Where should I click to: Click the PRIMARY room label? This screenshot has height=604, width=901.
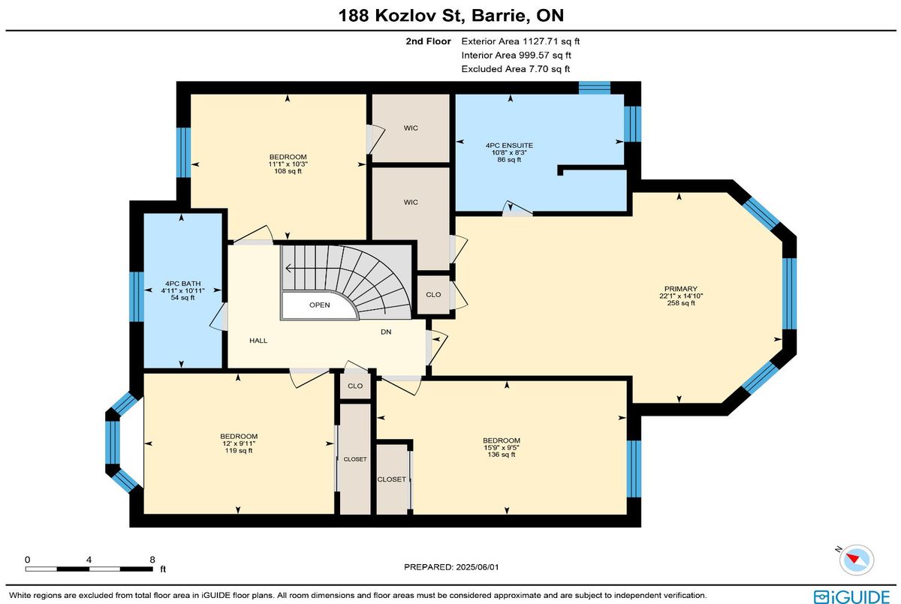click(680, 289)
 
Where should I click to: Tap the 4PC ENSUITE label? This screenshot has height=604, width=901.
click(509, 146)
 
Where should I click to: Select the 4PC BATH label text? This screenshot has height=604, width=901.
click(182, 284)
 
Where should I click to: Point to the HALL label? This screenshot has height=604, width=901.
click(258, 341)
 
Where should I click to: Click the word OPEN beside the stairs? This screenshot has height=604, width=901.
click(319, 305)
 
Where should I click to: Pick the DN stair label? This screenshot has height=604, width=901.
click(386, 332)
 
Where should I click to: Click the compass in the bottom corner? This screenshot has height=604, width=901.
click(857, 560)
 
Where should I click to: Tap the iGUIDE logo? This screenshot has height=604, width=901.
click(851, 596)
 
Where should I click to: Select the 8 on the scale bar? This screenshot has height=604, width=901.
click(152, 560)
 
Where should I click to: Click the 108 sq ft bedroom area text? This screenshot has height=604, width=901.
click(288, 171)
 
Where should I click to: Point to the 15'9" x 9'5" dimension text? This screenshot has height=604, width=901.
click(502, 447)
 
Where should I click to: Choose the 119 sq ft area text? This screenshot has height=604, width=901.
click(239, 450)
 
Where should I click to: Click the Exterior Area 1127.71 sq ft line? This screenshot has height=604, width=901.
click(520, 41)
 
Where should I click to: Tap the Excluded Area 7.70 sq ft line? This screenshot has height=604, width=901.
click(516, 69)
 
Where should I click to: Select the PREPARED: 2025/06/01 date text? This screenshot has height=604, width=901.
click(451, 567)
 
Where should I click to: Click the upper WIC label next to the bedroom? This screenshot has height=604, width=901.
click(411, 128)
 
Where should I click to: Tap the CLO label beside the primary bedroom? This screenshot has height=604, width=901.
click(433, 295)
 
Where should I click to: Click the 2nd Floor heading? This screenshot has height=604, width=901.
click(428, 41)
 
